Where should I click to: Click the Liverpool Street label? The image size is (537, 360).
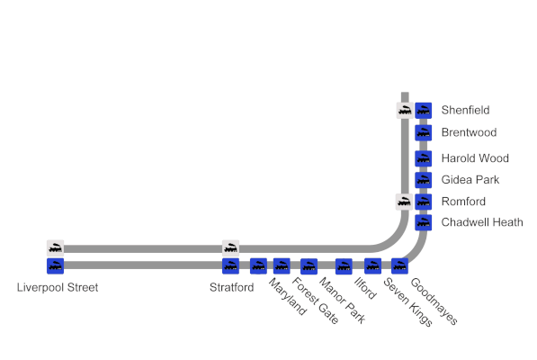pos(58,287)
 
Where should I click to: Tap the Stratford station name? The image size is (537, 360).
pos(231,287)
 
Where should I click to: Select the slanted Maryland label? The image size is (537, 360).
pos(287,296)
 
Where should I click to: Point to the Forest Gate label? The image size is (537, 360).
pos(316,301)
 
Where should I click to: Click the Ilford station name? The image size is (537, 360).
pos(365,288)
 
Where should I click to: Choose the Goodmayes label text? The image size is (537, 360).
pos(434,301)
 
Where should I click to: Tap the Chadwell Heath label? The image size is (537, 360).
pos(482,222)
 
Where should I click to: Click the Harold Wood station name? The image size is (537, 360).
pos(475,158)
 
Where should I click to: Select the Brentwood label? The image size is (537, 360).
pos(469,132)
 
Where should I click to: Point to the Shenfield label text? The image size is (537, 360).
pos(465,110)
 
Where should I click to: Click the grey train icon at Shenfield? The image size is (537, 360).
pos(405,111)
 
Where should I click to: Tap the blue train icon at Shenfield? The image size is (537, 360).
pos(424,111)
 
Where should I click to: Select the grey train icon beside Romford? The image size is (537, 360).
pos(404,202)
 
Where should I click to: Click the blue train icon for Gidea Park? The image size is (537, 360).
pos(424,180)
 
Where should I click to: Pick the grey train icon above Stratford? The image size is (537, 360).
pos(231,248)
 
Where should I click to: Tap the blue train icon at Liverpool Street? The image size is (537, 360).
pos(56,266)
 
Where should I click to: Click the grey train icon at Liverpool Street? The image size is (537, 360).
pos(56,248)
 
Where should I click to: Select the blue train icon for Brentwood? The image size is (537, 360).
pos(424,133)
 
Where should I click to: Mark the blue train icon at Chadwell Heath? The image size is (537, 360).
pos(424,222)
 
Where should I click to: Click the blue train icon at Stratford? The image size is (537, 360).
pos(231,266)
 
